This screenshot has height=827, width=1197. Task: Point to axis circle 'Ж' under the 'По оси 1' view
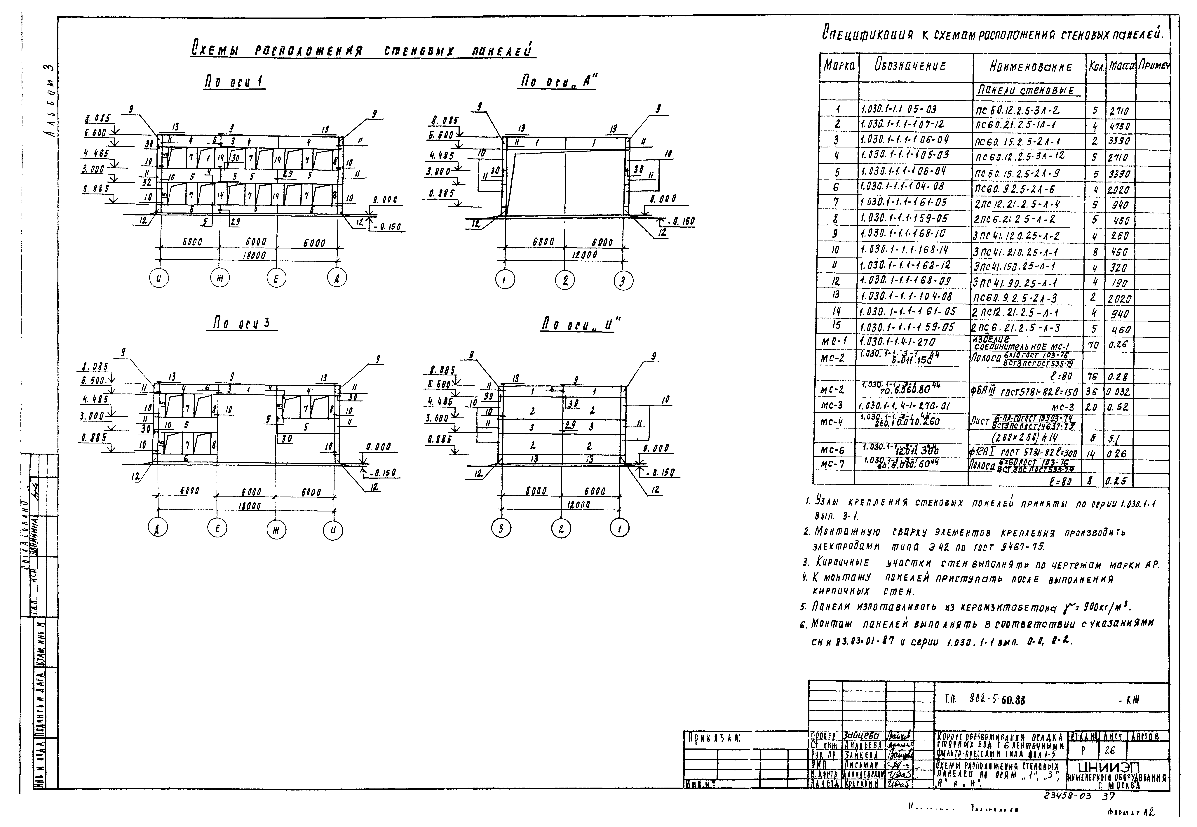(220, 279)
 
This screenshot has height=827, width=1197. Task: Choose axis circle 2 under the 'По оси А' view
(565, 280)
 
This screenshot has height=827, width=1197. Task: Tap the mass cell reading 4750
(1119, 126)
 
